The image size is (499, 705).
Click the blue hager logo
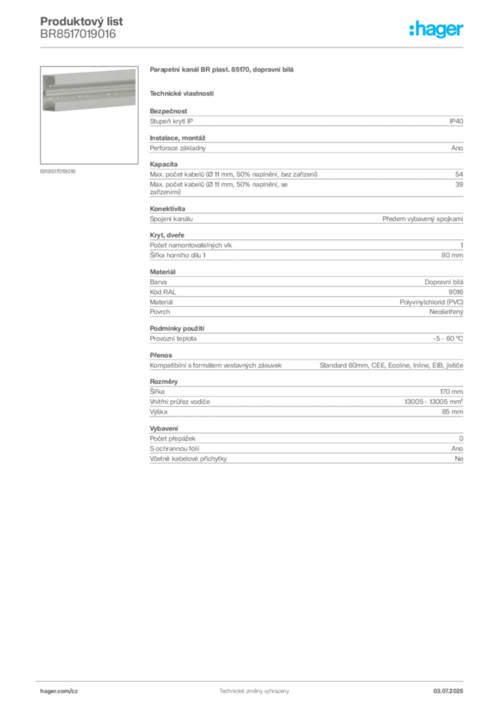tap(437, 30)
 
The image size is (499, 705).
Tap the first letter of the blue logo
tap(411, 30)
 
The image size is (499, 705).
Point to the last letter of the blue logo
tap(462, 31)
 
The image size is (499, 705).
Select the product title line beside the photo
tap(223, 71)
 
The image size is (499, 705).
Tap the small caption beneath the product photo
tap(57, 171)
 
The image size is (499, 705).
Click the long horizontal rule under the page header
tap(254, 47)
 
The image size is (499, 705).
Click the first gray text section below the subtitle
tap(305, 129)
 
